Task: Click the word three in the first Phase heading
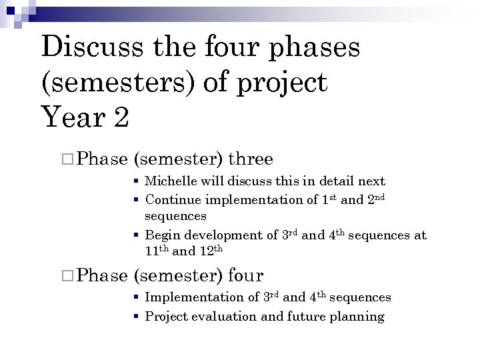pyautogui.click(x=251, y=159)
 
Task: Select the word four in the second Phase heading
pyautogui.click(x=245, y=275)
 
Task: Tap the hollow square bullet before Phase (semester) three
pyautogui.click(x=65, y=159)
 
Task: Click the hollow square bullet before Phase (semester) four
pyautogui.click(x=65, y=275)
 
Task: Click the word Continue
pyautogui.click(x=173, y=199)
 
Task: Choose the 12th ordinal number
pyautogui.click(x=211, y=251)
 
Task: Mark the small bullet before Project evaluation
pyautogui.click(x=135, y=317)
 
